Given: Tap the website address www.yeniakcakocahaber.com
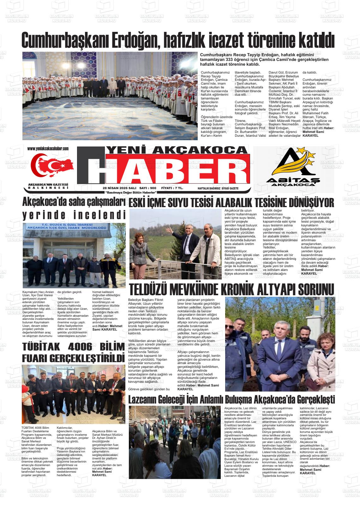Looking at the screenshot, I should pyautogui.click(x=48, y=148).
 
